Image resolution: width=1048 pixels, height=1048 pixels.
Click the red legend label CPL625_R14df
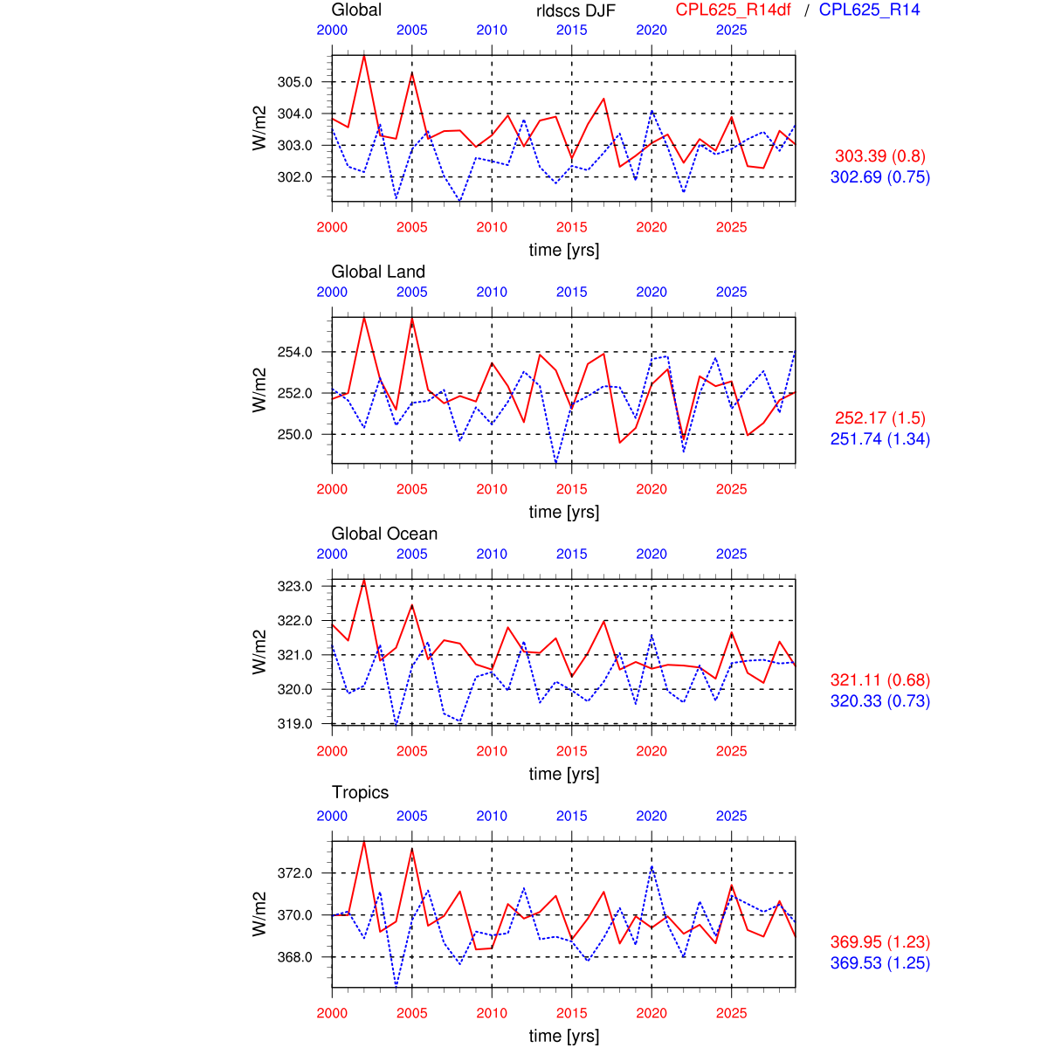point(733,10)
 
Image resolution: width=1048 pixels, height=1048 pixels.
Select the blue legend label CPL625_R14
point(869,10)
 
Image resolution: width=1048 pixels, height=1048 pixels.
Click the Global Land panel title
point(378,272)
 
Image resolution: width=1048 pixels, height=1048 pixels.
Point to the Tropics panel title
point(360,792)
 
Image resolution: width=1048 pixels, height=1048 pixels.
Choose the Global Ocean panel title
point(384,534)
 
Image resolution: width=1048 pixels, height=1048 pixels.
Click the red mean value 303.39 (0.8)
point(879,156)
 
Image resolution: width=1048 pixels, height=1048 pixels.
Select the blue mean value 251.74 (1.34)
point(879,439)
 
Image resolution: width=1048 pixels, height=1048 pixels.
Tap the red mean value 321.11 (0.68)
point(879,680)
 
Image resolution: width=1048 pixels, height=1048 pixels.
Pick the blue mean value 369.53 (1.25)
point(879,963)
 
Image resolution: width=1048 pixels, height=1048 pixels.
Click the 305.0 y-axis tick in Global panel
point(294,82)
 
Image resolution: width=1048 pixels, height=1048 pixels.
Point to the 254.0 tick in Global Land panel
point(294,352)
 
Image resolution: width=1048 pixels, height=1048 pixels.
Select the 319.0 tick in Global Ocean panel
point(294,723)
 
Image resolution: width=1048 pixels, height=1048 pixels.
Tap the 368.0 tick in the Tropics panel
point(294,957)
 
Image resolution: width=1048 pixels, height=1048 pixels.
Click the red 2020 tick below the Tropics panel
point(652,1013)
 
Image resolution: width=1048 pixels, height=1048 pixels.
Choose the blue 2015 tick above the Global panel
point(572,30)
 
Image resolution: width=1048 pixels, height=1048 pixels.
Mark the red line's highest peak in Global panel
point(364,56)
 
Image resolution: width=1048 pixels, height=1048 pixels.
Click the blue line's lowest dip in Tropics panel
point(396,986)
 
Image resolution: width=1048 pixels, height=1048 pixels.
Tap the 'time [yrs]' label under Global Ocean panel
point(564,774)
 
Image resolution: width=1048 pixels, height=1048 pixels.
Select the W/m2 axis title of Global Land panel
point(259,390)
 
